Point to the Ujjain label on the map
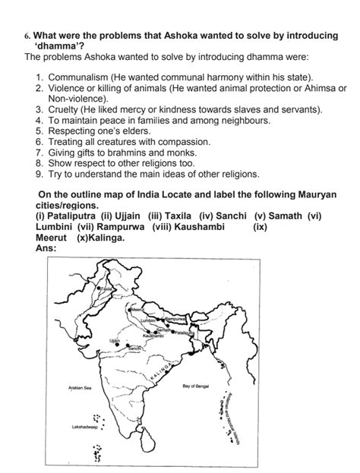click(x=115, y=340)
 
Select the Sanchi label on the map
click(x=134, y=348)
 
